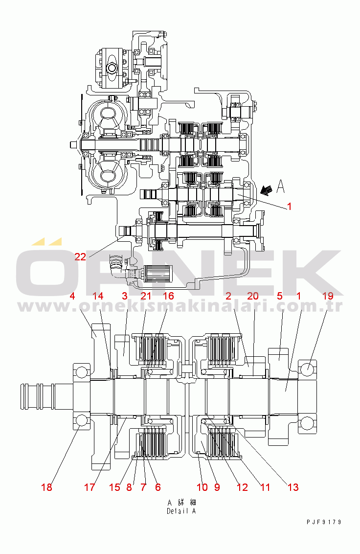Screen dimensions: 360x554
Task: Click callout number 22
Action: tap(80, 257)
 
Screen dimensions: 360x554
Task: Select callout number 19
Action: tap(328, 296)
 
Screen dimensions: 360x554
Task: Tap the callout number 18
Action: tap(46, 487)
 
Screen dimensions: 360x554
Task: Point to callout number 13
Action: tap(293, 487)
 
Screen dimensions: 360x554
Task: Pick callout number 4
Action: tap(72, 296)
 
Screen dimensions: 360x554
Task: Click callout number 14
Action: tap(98, 296)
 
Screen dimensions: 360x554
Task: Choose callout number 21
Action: tap(146, 296)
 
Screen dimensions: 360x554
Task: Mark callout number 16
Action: tap(169, 296)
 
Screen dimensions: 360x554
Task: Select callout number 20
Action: tap(253, 296)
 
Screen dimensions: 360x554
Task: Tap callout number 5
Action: tap(280, 296)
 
